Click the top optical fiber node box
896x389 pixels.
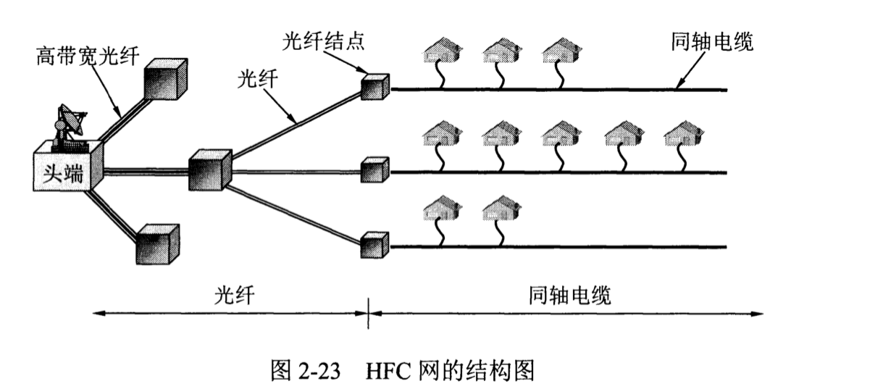375,86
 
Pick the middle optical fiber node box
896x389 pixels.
375,170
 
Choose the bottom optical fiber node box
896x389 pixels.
375,246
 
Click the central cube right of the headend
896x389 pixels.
209,171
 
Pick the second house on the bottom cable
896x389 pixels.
501,207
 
